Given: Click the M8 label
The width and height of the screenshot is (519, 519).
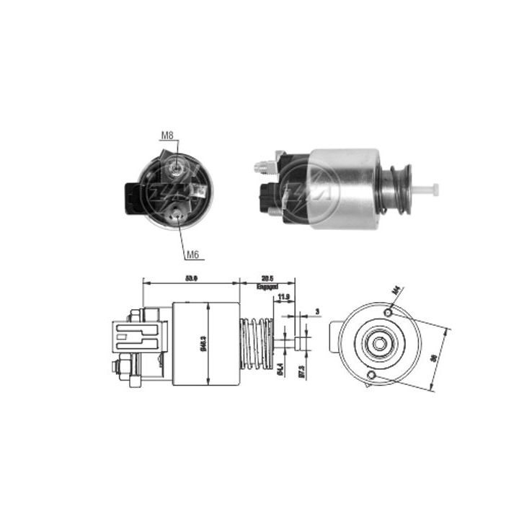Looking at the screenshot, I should pyautogui.click(x=167, y=135).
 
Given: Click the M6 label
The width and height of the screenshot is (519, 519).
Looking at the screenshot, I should pyautogui.click(x=192, y=254).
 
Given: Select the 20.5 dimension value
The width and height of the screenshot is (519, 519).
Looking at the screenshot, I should pyautogui.click(x=267, y=278).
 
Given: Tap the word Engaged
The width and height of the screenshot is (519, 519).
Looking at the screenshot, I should pyautogui.click(x=267, y=287).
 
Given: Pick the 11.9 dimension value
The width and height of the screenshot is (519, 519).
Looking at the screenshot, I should pyautogui.click(x=283, y=296).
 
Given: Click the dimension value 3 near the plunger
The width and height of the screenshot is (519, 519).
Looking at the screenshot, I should pyautogui.click(x=318, y=312).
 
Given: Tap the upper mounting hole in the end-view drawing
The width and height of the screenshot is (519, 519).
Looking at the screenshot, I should pyautogui.click(x=389, y=313).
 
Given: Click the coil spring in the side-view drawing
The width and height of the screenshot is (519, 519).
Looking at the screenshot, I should pyautogui.click(x=256, y=342).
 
